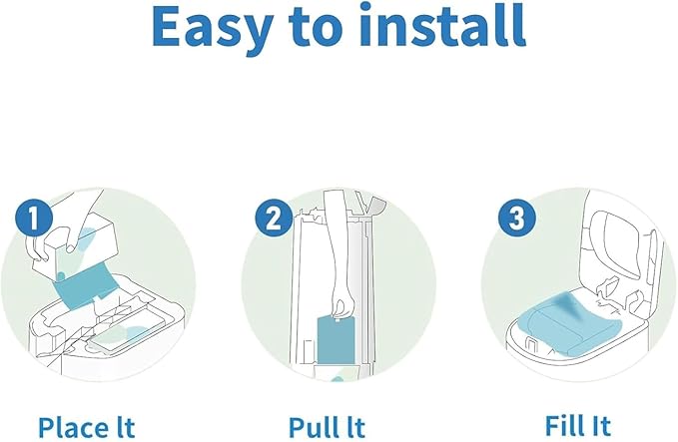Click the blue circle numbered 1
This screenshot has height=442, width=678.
coord(36,219)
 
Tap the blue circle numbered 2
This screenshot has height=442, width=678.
coord(272,219)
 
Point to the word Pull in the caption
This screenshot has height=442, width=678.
coord(310,426)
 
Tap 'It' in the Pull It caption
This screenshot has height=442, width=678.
coord(351,426)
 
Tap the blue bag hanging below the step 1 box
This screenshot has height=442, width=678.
coord(88,285)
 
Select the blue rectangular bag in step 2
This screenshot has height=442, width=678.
coord(338,338)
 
